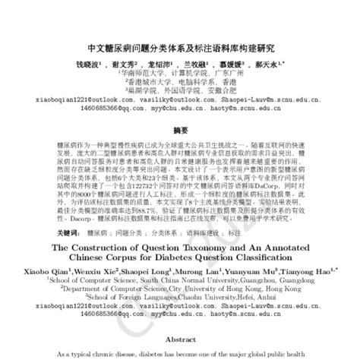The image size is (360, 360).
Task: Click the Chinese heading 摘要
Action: pyautogui.click(x=179, y=129)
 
